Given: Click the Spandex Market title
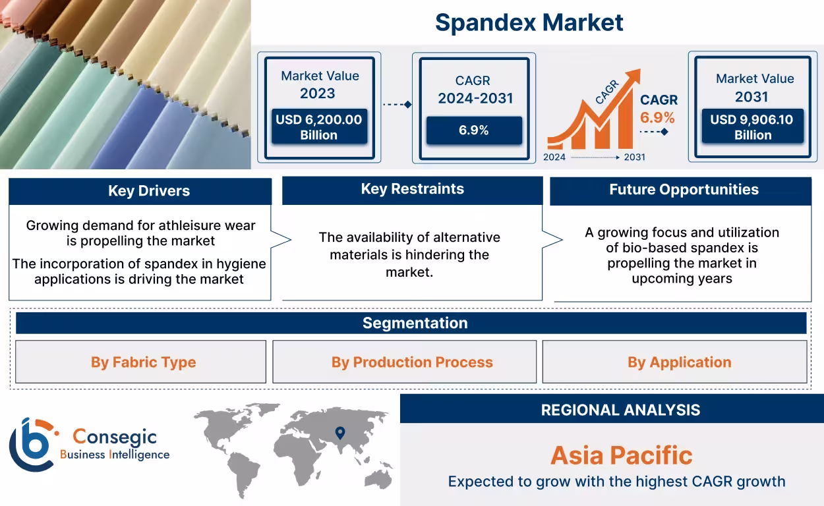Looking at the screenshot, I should pos(529,22).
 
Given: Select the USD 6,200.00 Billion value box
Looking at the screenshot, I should pos(319,127).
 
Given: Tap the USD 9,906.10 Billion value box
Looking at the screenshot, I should pos(752,126).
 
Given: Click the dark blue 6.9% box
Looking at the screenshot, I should pos(473,130).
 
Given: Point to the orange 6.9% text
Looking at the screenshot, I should pos(657,118).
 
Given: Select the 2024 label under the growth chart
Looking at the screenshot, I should pos(554,157).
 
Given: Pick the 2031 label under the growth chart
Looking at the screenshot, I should pos(634,157).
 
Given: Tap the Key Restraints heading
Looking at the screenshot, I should pos(412,189).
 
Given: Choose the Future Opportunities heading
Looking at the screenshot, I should pos(683,190).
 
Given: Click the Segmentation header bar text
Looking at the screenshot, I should pos(415,323).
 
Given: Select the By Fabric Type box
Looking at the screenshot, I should pos(143,362).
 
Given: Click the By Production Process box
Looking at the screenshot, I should pos(412,362).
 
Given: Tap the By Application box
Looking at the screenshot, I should pos(679,362).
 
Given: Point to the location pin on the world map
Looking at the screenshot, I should pos(339,432).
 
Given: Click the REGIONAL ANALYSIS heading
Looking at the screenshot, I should pos(620,410).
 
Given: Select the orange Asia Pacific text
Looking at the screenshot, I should pos(621,455).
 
